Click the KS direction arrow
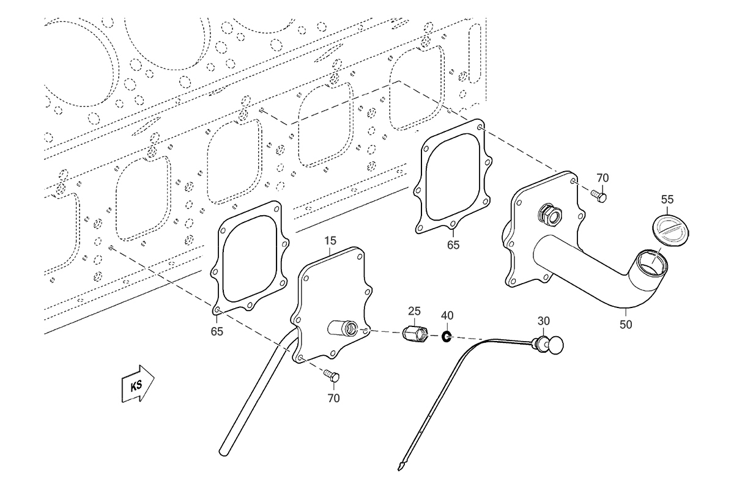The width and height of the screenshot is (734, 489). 138,384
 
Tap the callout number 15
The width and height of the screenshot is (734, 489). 330,241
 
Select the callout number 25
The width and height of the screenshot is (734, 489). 414,311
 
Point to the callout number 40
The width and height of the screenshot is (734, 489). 447,315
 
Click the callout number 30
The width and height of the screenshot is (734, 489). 544,321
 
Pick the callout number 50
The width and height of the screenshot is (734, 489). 626,325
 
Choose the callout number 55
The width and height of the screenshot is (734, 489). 667,199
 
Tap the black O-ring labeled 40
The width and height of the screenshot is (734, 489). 447,336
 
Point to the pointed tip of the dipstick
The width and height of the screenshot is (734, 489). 399,470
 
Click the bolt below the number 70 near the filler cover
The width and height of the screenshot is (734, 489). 599,197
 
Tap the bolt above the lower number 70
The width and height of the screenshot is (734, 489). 332,377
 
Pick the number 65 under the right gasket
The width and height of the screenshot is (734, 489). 453,245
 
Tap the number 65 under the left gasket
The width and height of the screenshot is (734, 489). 217,331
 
